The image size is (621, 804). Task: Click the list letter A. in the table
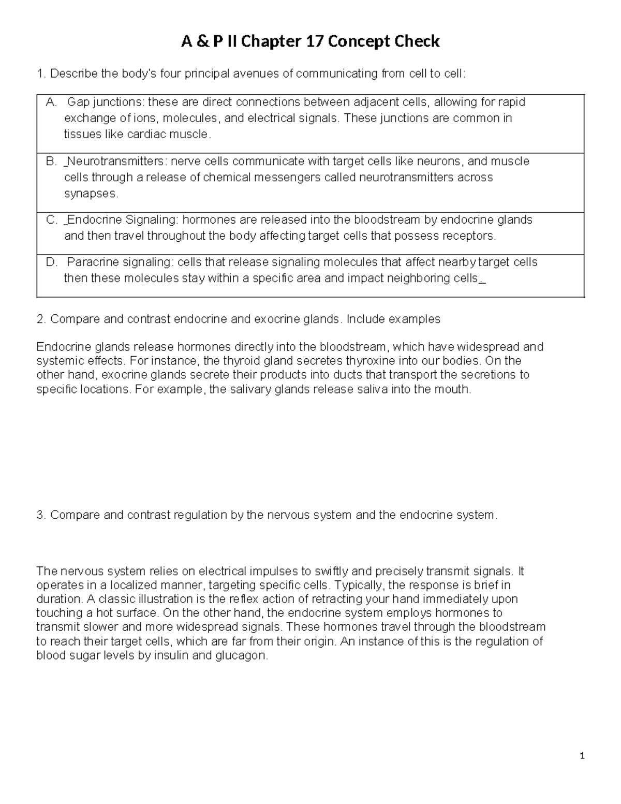[51, 103]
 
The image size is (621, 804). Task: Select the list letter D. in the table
[51, 262]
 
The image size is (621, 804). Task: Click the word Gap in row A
[78, 103]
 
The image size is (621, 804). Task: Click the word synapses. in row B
[91, 194]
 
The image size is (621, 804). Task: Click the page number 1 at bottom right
[582, 756]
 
